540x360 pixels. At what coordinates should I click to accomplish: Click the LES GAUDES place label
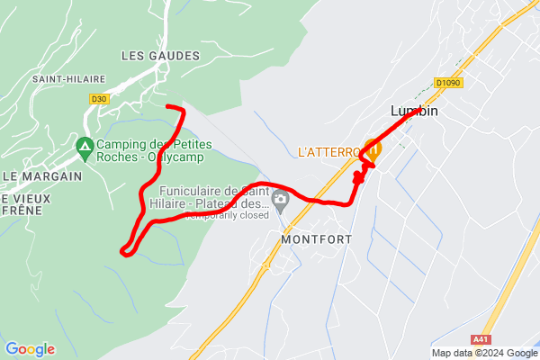tap(160, 56)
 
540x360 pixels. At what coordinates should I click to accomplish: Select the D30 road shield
tap(98, 98)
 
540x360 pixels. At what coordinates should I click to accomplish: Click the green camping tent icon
tap(85, 145)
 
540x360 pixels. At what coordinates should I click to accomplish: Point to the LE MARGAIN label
tap(42, 175)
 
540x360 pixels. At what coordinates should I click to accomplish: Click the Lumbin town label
tap(415, 112)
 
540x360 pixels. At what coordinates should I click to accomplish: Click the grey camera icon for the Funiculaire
tap(282, 200)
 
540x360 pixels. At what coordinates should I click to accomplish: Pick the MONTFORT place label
tap(315, 239)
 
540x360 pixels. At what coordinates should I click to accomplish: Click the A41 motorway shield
tap(481, 339)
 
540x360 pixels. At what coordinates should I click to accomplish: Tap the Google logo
tap(30, 349)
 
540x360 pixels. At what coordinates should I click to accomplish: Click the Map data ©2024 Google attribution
tap(483, 353)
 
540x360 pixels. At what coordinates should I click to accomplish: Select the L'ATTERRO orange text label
tap(329, 152)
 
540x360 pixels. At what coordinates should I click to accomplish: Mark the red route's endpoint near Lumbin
tap(415, 114)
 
